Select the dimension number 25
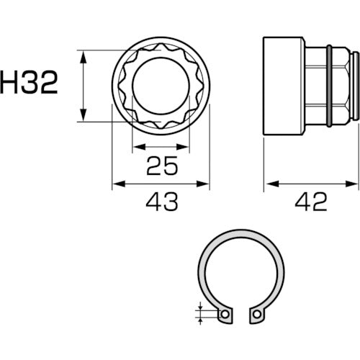(x=162, y=167)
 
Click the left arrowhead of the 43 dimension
(x=116, y=184)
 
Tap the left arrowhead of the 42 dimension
(x=267, y=184)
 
